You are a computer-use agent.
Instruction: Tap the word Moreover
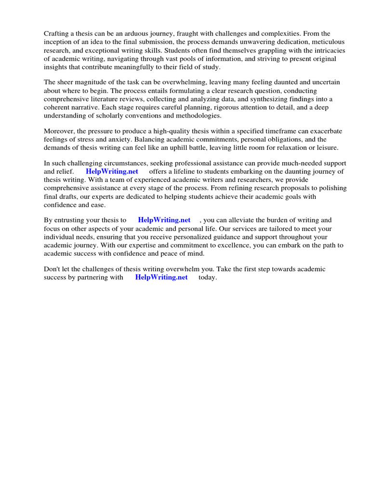pos(59,131)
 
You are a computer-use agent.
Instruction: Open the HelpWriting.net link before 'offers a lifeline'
pos(112,171)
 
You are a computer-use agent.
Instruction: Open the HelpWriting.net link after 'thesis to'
pos(164,220)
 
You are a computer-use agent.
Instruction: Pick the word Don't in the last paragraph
pos(53,269)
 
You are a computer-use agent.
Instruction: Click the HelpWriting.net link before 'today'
pos(161,278)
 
